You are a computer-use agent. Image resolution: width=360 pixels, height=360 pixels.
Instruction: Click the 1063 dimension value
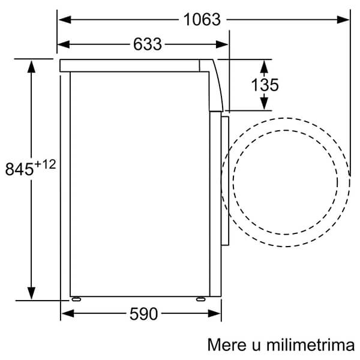pyautogui.click(x=202, y=20)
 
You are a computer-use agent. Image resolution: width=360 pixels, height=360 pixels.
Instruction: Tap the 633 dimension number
pyautogui.click(x=148, y=44)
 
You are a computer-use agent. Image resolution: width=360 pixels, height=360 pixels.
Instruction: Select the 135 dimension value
pyautogui.click(x=265, y=85)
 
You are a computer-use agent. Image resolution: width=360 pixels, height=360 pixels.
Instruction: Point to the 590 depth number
pyautogui.click(x=144, y=314)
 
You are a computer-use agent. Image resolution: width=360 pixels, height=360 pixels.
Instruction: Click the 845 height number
pyautogui.click(x=19, y=169)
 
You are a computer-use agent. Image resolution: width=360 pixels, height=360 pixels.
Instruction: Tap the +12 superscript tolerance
pyautogui.click(x=45, y=164)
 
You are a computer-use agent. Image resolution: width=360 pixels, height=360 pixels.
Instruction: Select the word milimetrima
pyautogui.click(x=310, y=344)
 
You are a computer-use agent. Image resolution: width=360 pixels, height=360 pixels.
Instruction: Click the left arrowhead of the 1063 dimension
pyautogui.click(x=65, y=20)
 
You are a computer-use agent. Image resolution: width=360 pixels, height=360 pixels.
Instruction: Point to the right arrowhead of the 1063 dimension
pyautogui.click(x=343, y=20)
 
